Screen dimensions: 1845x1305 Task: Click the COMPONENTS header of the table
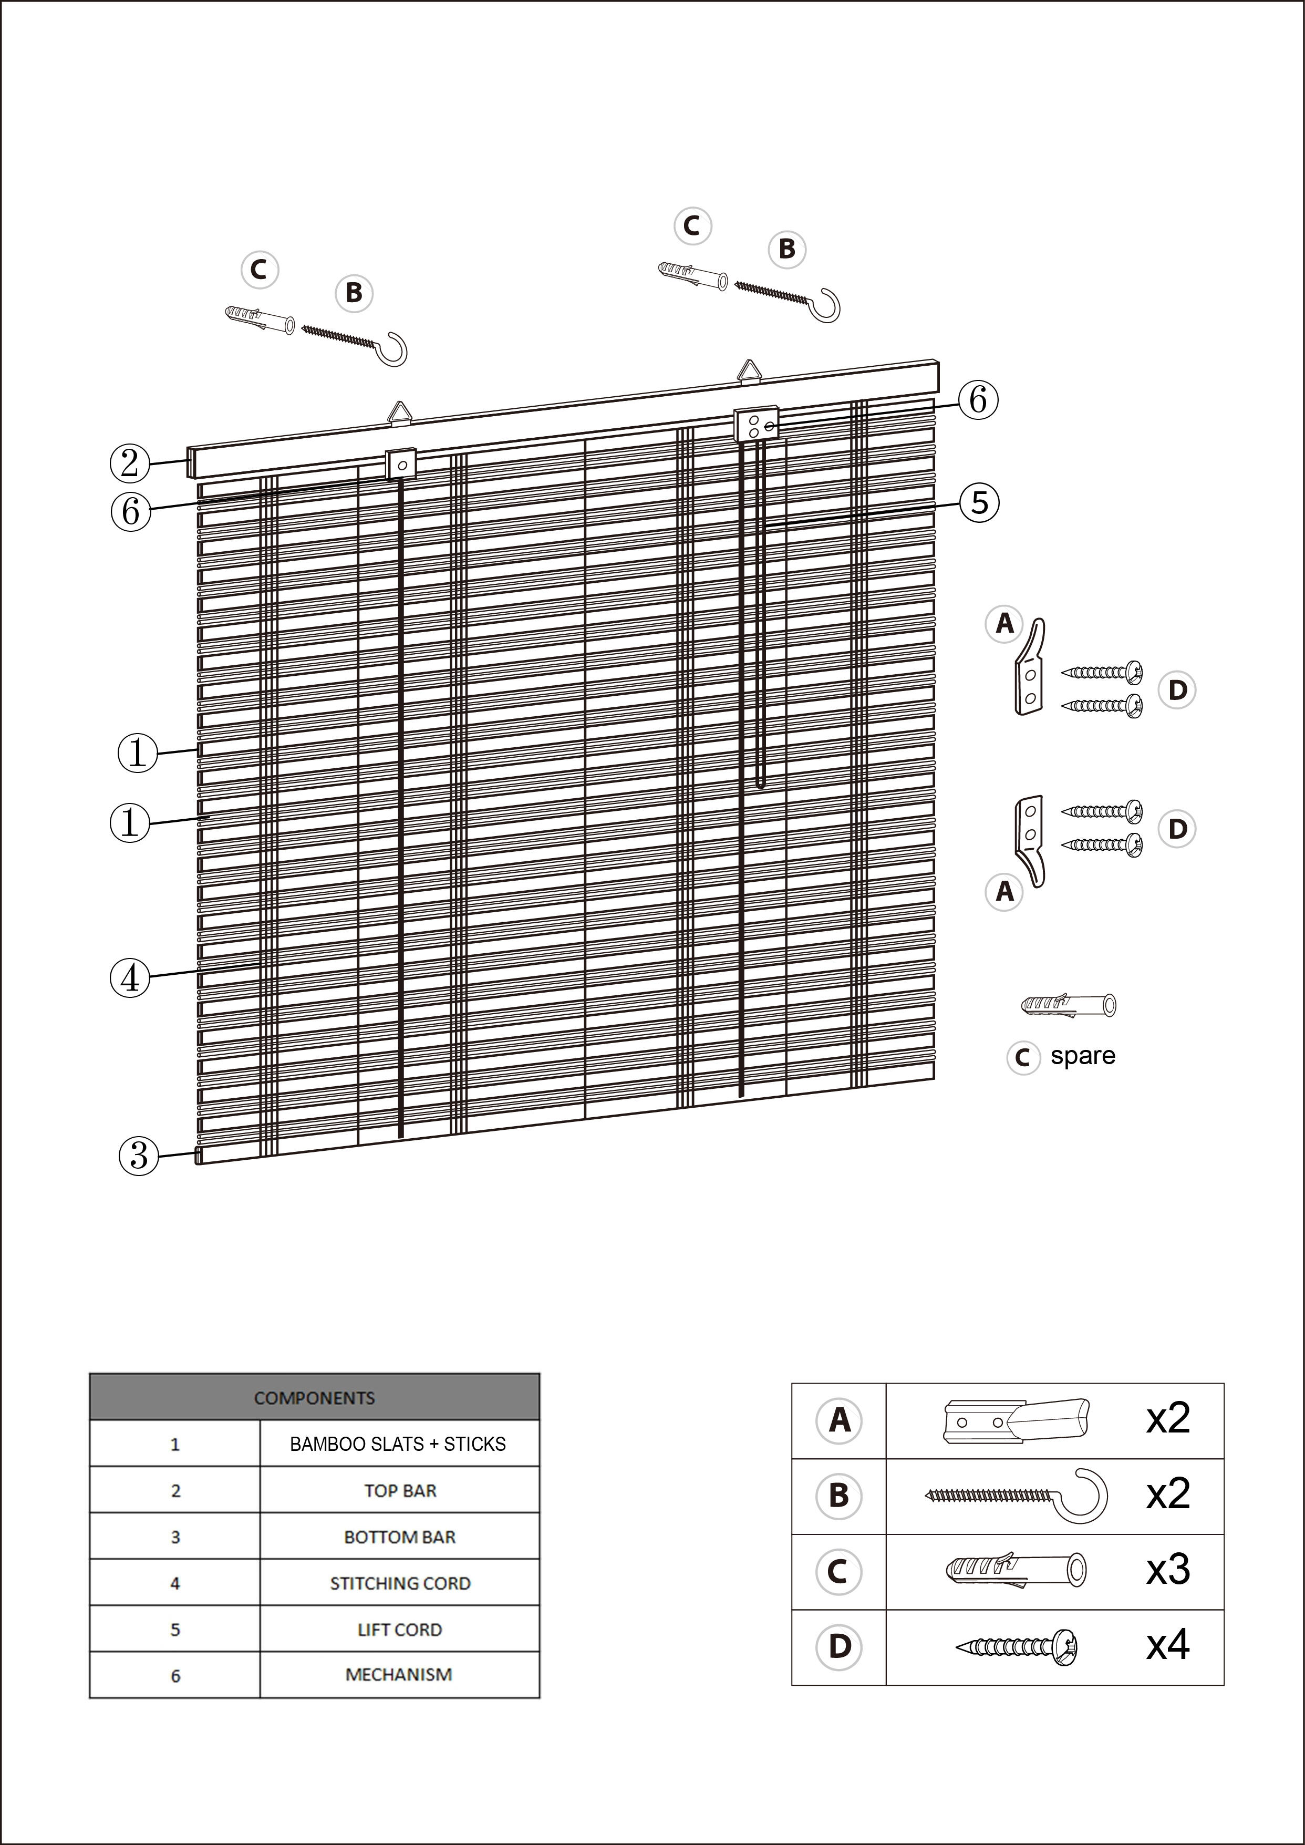(314, 1397)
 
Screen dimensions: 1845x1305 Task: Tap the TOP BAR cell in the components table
(399, 1491)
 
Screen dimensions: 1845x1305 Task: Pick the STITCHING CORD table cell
(399, 1583)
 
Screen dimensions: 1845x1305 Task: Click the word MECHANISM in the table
(399, 1675)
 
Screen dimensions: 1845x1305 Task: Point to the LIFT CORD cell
(399, 1630)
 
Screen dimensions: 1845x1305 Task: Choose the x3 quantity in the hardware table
(1167, 1568)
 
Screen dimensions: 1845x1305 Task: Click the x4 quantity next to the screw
(1167, 1644)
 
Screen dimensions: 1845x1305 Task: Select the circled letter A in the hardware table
(839, 1420)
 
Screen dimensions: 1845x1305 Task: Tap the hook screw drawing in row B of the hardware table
(1017, 1494)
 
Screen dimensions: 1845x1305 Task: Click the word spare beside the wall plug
(1082, 1055)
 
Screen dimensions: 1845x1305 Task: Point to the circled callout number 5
(979, 503)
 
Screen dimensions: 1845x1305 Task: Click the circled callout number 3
(138, 1156)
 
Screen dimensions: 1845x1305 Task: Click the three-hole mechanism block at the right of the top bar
(756, 424)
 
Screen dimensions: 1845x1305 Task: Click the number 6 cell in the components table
(175, 1675)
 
